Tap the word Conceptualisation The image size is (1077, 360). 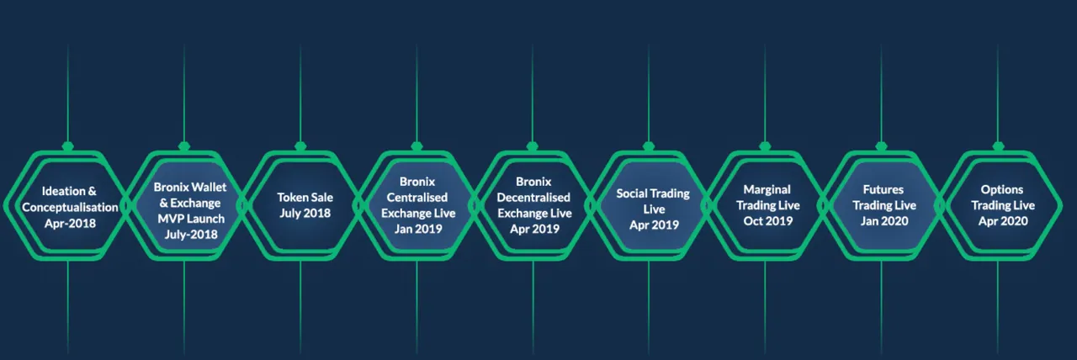[x=70, y=207]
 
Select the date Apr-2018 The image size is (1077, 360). [x=70, y=223]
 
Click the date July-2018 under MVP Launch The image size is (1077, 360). [x=191, y=234]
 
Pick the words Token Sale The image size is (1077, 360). [x=305, y=197]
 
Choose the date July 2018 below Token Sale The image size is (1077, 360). [x=305, y=213]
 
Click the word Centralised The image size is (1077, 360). [x=416, y=197]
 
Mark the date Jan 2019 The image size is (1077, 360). [x=418, y=229]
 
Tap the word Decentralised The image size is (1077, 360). [x=533, y=197]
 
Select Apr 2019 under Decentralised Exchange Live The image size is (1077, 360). [x=534, y=229]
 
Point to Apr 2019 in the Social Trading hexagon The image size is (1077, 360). [x=654, y=225]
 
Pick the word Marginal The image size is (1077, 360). [x=767, y=189]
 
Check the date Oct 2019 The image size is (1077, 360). [x=768, y=221]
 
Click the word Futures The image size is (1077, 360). [x=883, y=189]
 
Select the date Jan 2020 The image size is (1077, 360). [x=884, y=221]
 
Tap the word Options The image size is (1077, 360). [x=1002, y=189]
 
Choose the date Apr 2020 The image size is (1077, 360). [x=1003, y=221]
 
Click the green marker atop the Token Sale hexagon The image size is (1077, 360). [x=300, y=146]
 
